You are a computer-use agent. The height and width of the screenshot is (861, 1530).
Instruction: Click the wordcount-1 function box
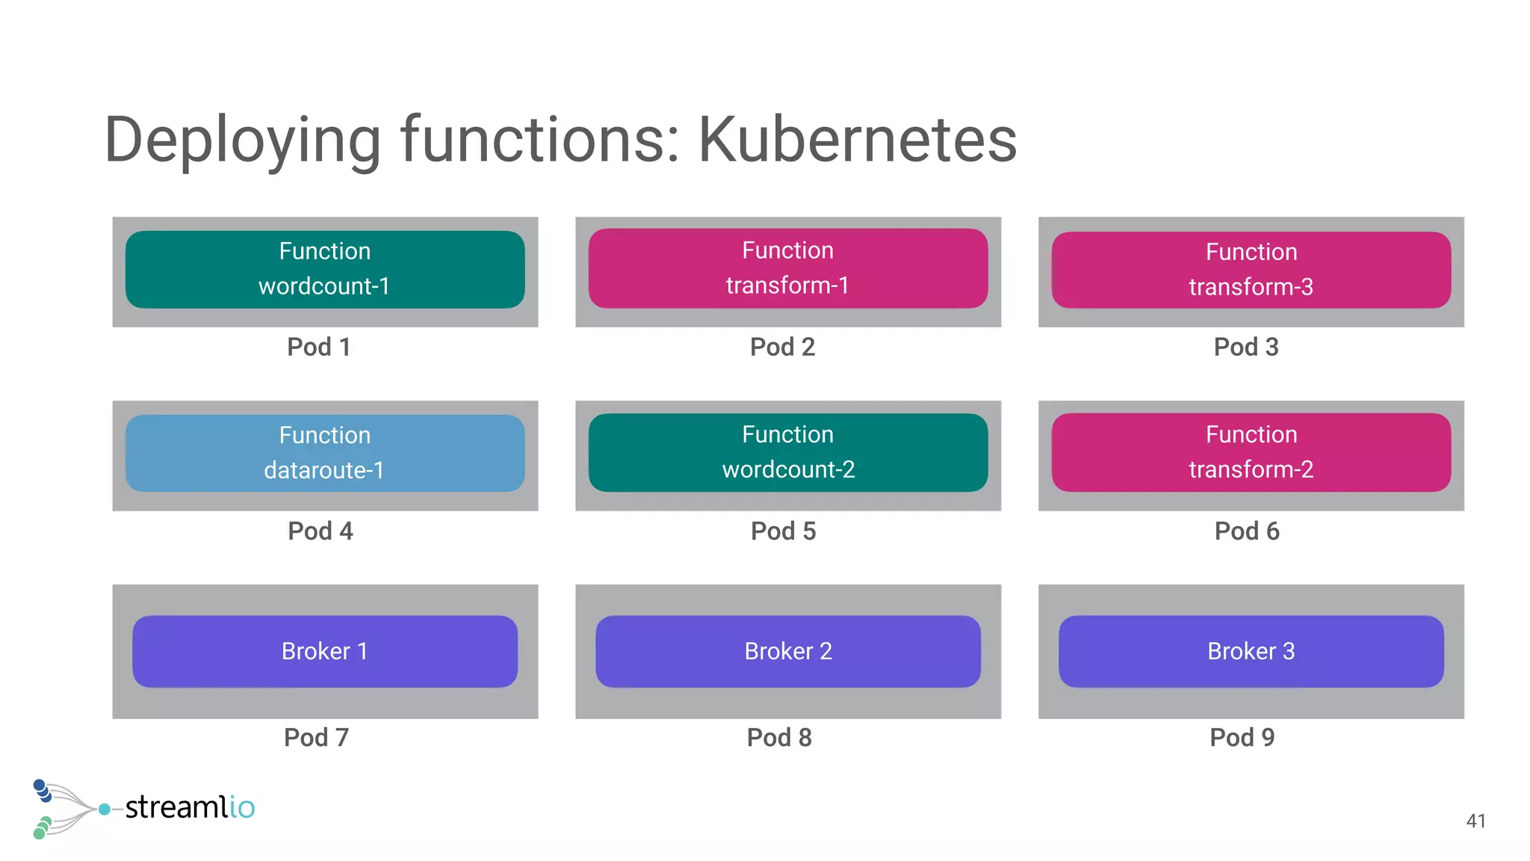325,269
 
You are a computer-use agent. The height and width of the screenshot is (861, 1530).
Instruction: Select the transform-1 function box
788,268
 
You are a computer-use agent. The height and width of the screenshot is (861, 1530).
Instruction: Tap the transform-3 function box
1251,270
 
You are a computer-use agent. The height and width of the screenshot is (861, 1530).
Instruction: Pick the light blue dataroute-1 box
325,453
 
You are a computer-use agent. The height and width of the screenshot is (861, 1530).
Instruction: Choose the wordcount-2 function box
788,452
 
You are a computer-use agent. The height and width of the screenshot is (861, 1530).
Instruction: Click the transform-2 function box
1251,452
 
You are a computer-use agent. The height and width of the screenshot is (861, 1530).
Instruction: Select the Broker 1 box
325,651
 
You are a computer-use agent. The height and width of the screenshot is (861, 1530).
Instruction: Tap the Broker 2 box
788,651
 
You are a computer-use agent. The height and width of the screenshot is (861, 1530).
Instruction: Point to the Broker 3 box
1251,651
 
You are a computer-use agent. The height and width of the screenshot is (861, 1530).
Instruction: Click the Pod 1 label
319,347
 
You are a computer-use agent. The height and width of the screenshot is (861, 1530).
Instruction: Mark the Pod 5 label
783,531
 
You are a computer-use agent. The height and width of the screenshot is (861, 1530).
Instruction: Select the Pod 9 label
1242,737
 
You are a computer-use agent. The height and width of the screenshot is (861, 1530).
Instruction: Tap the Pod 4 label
320,531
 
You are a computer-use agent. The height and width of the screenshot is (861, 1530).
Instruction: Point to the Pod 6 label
1246,531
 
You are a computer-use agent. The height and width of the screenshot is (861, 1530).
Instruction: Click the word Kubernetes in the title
857,140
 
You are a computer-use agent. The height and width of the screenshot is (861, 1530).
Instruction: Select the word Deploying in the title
243,140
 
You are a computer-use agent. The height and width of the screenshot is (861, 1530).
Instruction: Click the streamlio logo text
190,807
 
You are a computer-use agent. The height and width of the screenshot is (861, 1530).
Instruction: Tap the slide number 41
1475,821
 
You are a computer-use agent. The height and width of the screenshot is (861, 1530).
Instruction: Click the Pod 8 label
779,737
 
